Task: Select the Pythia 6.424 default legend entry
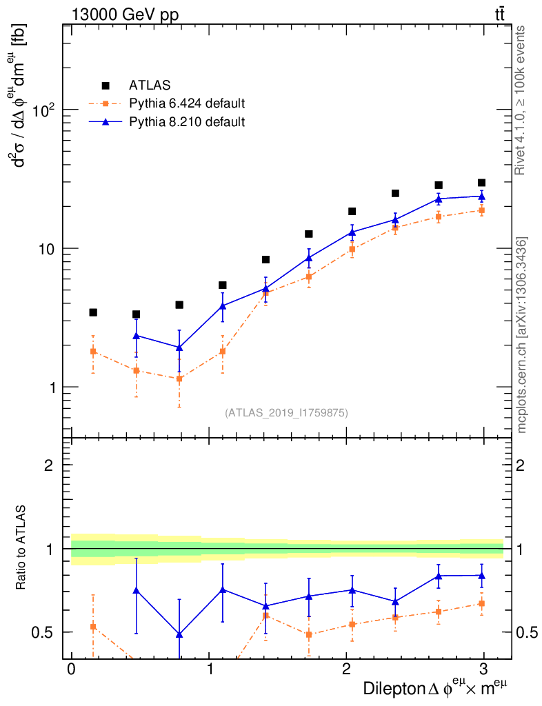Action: pyautogui.click(x=187, y=104)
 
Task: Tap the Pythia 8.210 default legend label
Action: pyautogui.click(x=187, y=122)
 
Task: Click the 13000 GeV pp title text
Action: pyautogui.click(x=125, y=14)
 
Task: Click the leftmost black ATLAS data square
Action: pyautogui.click(x=93, y=312)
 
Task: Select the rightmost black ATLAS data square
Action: pyautogui.click(x=481, y=183)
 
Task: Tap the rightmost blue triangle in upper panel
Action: pyautogui.click(x=481, y=196)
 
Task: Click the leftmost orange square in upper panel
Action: pyautogui.click(x=93, y=352)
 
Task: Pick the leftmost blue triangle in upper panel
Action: pyautogui.click(x=136, y=336)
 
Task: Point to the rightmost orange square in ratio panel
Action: pyautogui.click(x=481, y=604)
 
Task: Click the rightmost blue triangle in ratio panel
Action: pyautogui.click(x=481, y=575)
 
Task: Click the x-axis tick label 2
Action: pyautogui.click(x=346, y=670)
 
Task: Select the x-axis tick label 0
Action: pyautogui.click(x=71, y=670)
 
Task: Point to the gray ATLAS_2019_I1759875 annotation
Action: pyautogui.click(x=286, y=413)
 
